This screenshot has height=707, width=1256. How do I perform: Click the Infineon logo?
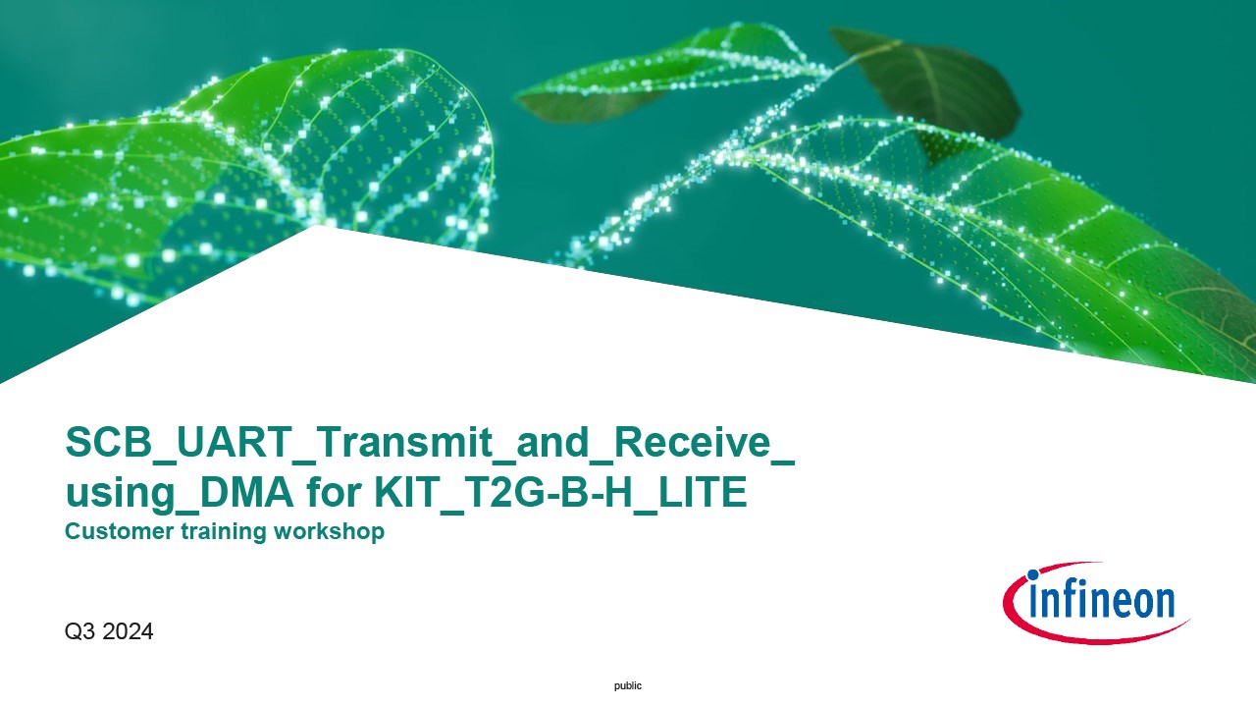pyautogui.click(x=1096, y=603)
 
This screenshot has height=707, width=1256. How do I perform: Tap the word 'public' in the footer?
pyautogui.click(x=627, y=685)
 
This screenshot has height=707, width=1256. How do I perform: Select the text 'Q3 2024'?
pyautogui.click(x=109, y=631)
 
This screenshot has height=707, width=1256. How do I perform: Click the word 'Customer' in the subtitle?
pyautogui.click(x=119, y=531)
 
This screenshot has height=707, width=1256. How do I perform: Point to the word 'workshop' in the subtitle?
pyautogui.click(x=329, y=531)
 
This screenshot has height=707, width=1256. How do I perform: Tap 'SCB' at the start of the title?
pyautogui.click(x=109, y=442)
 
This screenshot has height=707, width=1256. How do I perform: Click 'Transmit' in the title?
pyautogui.click(x=405, y=442)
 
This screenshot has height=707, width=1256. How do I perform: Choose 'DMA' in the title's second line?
pyautogui.click(x=246, y=492)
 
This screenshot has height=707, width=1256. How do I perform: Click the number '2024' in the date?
pyautogui.click(x=129, y=631)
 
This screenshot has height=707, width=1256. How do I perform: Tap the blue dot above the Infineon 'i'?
pyautogui.click(x=1032, y=574)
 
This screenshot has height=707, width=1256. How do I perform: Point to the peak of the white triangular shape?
pyautogui.click(x=317, y=225)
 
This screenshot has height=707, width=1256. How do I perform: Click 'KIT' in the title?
pyautogui.click(x=407, y=492)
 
